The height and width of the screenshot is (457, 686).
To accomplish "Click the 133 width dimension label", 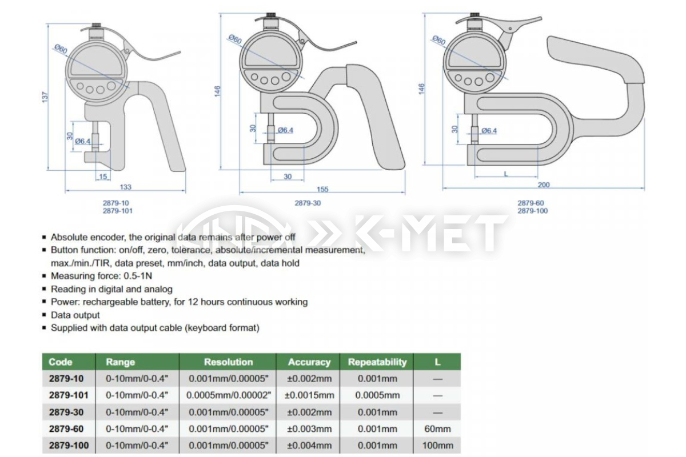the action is point(126,187).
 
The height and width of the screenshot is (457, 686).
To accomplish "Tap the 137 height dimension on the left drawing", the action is point(45,97).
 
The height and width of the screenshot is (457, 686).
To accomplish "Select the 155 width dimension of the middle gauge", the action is point(322,189).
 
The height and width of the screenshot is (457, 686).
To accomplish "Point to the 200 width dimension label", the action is point(544,185).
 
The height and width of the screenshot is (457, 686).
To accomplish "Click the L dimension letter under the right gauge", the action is point(506,174).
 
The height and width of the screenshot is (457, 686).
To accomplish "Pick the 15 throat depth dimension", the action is point(103,177).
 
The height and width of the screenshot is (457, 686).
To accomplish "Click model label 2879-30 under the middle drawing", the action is point(308,203).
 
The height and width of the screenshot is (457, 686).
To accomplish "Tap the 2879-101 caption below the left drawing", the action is point(118,211).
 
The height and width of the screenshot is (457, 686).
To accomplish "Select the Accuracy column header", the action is point(309,362).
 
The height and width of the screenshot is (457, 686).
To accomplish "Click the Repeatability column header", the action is point(377,362).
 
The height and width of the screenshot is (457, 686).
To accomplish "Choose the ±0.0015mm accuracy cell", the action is point(309,395).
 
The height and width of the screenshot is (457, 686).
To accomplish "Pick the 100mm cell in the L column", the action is point(438,446).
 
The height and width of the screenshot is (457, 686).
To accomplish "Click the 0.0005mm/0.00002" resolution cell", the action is point(229,395).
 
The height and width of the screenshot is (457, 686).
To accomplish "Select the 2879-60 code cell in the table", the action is point(66,429).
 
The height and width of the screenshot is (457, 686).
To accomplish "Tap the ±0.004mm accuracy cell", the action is point(309,446).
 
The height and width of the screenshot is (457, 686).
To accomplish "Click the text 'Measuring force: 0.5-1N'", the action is point(101,276).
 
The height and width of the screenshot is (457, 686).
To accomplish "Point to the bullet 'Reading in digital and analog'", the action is point(111,289).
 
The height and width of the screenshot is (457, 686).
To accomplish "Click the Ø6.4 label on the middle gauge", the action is point(285,130).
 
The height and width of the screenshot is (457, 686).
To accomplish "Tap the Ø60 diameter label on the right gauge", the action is point(439,40).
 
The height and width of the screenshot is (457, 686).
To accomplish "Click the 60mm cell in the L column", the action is point(438,429).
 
